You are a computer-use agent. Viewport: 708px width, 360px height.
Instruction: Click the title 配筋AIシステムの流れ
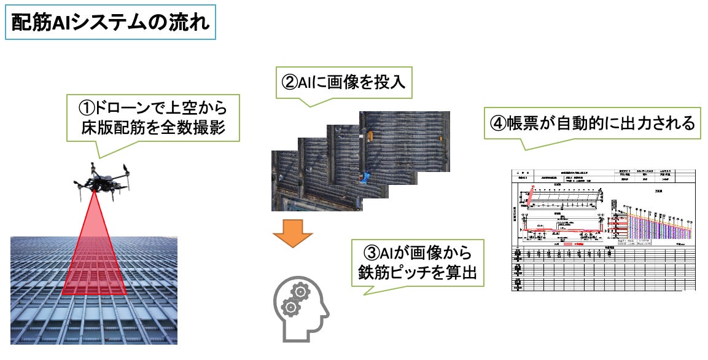[111, 23]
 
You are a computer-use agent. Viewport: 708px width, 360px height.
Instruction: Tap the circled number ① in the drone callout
[87, 109]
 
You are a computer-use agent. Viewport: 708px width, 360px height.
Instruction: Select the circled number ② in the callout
[290, 81]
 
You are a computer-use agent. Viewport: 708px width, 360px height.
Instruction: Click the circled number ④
[497, 123]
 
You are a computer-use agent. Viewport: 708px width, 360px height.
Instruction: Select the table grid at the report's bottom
[604, 268]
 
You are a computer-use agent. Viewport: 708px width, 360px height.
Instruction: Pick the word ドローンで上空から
[161, 109]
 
